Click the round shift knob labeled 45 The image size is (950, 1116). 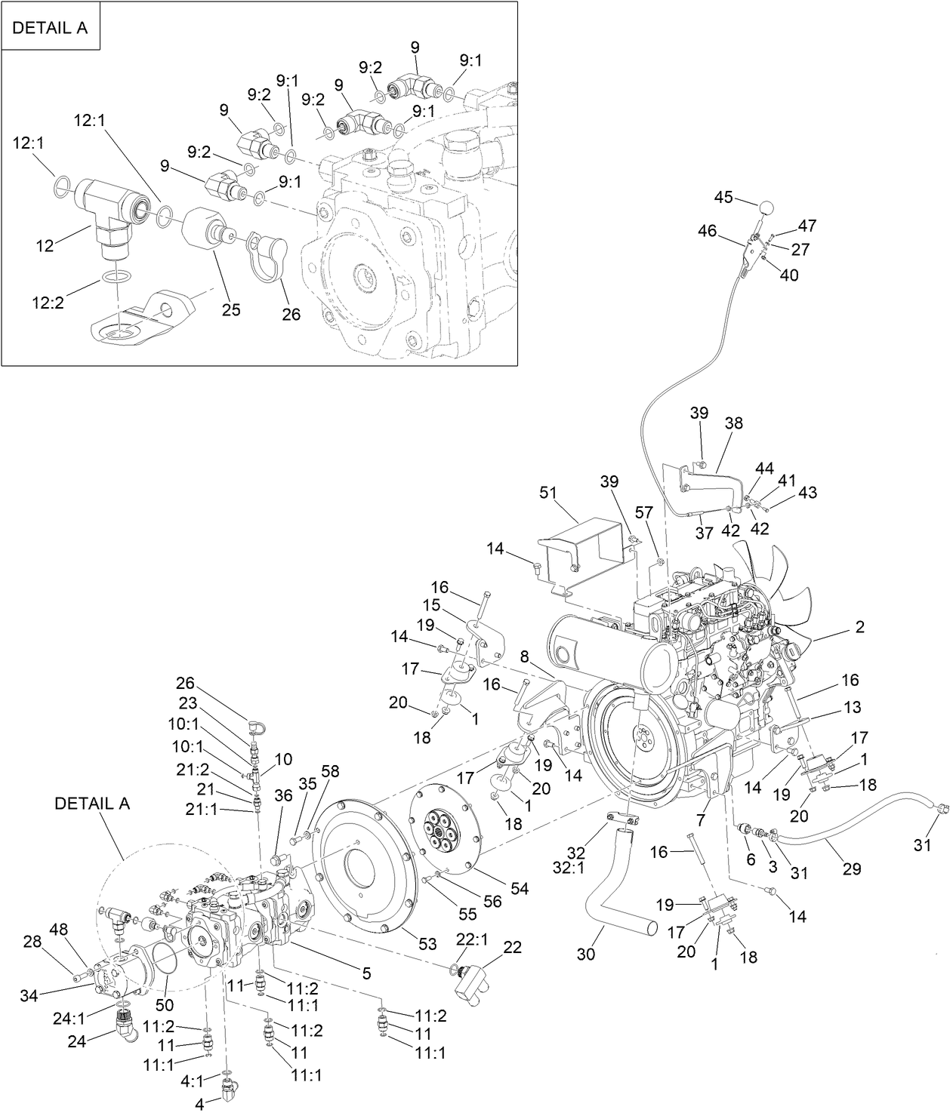tap(768, 207)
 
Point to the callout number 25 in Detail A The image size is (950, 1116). tap(230, 310)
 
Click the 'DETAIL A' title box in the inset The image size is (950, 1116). tap(51, 28)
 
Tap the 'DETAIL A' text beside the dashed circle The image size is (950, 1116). tap(92, 804)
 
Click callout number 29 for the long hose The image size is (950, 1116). tap(852, 868)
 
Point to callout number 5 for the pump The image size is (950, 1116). tap(366, 973)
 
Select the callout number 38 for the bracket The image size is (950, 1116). tap(733, 423)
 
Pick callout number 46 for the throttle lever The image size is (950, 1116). tap(708, 232)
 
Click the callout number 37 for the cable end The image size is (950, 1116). tap(704, 533)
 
